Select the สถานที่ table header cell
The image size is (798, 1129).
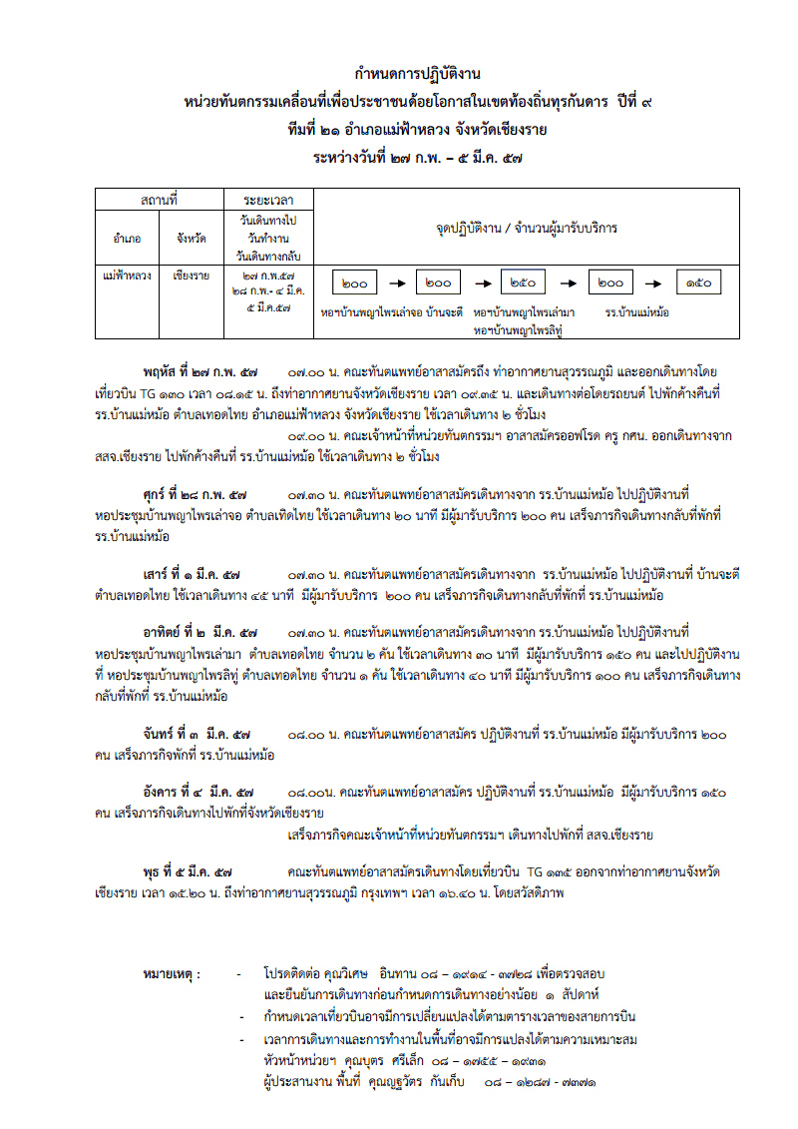(x=159, y=201)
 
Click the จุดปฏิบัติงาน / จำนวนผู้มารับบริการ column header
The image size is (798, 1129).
(x=526, y=228)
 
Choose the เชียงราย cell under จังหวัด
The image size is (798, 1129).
(x=191, y=273)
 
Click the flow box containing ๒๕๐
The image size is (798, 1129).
(x=523, y=283)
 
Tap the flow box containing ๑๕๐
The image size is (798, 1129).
(x=698, y=283)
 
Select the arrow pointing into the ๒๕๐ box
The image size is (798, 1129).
(x=480, y=283)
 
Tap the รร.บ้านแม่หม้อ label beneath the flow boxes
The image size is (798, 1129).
(x=636, y=312)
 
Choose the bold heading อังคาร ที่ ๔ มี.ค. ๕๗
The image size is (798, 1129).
(x=199, y=791)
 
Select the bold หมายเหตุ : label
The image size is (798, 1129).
(x=173, y=973)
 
